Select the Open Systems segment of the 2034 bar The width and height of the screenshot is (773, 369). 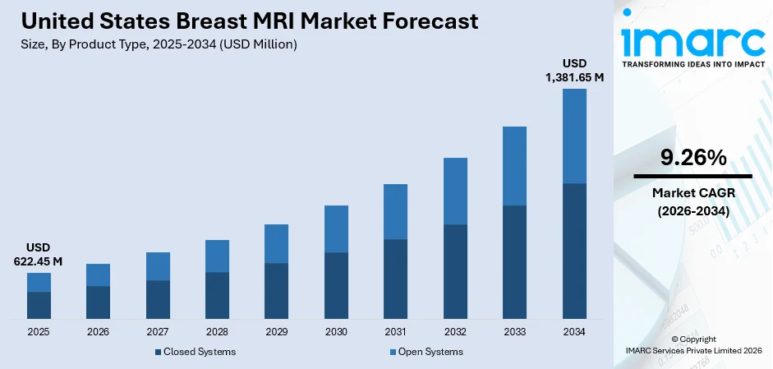574,136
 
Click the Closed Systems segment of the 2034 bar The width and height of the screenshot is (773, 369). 574,251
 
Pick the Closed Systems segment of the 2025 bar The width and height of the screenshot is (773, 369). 39,305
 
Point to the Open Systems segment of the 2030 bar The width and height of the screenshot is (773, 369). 336,228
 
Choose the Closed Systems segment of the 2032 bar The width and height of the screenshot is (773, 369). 455,271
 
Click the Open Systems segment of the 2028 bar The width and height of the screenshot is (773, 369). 217,256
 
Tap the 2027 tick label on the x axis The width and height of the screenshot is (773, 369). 158,332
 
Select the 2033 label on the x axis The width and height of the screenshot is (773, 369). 514,332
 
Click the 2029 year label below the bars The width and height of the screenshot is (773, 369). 276,332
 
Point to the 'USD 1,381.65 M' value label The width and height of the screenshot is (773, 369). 574,71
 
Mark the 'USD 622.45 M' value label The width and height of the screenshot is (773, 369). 39,255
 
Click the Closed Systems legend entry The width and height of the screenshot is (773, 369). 195,352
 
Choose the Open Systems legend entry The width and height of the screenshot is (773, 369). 426,352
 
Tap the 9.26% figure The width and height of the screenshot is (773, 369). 692,158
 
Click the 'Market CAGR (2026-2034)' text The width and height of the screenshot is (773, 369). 692,201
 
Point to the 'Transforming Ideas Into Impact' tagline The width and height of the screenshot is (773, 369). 692,63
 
